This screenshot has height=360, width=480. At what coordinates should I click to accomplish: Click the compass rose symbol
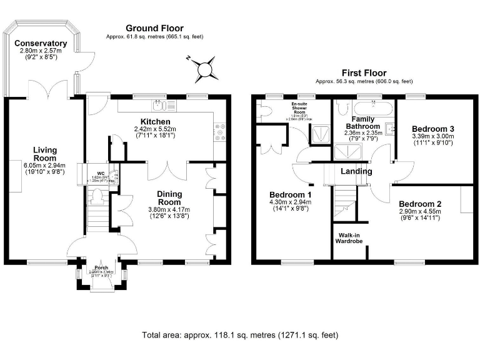coord(205,68)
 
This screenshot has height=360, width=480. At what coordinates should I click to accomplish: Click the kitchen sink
coord(159,104)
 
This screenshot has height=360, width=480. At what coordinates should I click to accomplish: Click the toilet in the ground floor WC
coord(96,197)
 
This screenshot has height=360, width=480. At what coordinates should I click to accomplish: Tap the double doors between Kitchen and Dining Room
coord(166,171)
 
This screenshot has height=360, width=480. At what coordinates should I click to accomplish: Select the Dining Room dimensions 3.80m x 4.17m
coord(169,209)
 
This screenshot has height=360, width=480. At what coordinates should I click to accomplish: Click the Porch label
coord(101,267)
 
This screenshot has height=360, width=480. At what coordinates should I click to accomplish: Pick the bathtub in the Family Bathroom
coord(364,107)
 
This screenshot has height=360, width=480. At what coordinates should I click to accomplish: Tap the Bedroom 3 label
coord(432,129)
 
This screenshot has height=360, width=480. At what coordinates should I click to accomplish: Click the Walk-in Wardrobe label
coord(349,237)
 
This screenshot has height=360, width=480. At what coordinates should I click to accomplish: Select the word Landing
coord(356,171)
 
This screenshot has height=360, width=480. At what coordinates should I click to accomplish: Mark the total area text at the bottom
coord(239,334)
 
